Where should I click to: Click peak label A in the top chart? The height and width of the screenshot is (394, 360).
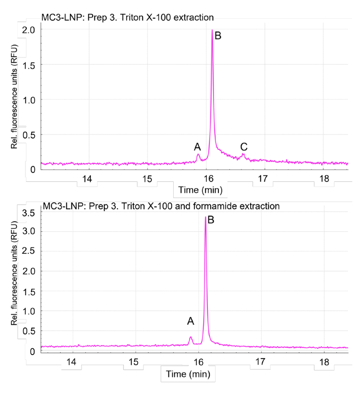(x=197, y=146)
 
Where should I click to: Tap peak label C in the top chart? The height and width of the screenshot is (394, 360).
(x=244, y=146)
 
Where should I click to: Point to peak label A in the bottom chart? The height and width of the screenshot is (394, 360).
(x=191, y=321)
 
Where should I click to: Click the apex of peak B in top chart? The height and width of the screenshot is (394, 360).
(x=212, y=30)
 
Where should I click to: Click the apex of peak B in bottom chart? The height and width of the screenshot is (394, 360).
(x=205, y=217)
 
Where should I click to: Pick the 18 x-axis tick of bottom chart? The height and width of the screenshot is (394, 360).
(x=324, y=361)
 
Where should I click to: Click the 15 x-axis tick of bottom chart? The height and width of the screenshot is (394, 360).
(x=134, y=361)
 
